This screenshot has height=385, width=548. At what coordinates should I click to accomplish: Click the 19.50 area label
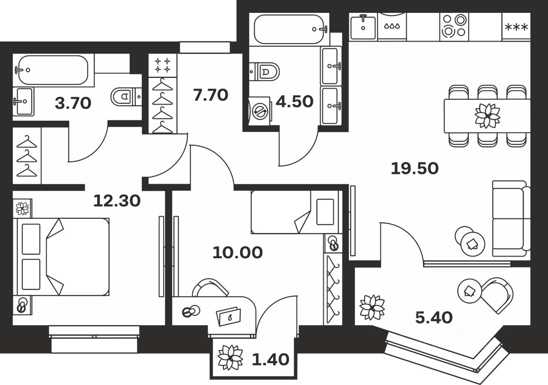[414, 168]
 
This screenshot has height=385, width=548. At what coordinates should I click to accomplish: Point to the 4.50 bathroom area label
[295, 101]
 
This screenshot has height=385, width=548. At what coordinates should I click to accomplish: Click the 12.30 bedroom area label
[117, 200]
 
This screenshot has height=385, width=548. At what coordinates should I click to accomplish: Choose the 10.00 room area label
[237, 252]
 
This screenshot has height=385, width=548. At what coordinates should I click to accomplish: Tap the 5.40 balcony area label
[434, 317]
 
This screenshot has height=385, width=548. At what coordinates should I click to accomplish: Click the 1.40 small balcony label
[270, 359]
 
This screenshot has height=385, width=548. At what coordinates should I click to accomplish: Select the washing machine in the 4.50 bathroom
[259, 110]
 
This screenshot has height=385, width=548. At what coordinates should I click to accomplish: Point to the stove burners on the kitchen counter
[454, 26]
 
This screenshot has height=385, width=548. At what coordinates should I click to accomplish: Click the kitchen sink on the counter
[363, 27]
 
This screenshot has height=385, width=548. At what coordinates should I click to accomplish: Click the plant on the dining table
[487, 116]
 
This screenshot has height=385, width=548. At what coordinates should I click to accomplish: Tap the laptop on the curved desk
[229, 316]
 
